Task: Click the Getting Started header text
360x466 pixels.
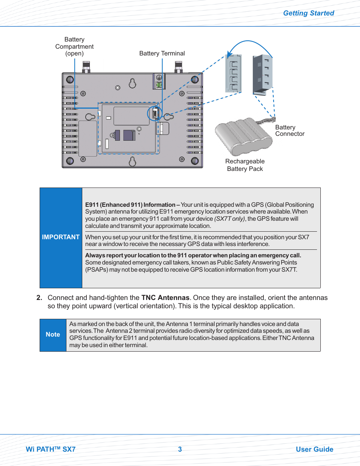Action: coord(308,13)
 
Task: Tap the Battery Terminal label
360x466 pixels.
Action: coord(162,54)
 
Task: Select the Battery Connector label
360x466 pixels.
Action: coord(289,131)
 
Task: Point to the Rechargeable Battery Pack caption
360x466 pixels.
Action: coord(245,165)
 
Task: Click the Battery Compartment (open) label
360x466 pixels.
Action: coord(74,46)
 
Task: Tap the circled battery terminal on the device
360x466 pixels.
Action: coord(155,114)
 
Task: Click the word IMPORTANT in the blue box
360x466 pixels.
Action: coord(61,237)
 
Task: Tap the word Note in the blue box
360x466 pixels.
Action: coord(53,335)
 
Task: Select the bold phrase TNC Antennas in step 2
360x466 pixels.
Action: coord(165,298)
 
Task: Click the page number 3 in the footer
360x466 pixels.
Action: coord(180,449)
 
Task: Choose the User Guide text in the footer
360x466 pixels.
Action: coord(314,449)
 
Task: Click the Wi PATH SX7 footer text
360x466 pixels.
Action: coord(51,449)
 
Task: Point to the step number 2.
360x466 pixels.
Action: coord(39,298)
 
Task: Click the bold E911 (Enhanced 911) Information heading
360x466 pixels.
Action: coord(130,205)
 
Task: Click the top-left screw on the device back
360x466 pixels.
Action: coord(70,80)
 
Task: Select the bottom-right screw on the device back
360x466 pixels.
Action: coord(195,161)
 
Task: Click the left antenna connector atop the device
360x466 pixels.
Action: coord(86,67)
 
